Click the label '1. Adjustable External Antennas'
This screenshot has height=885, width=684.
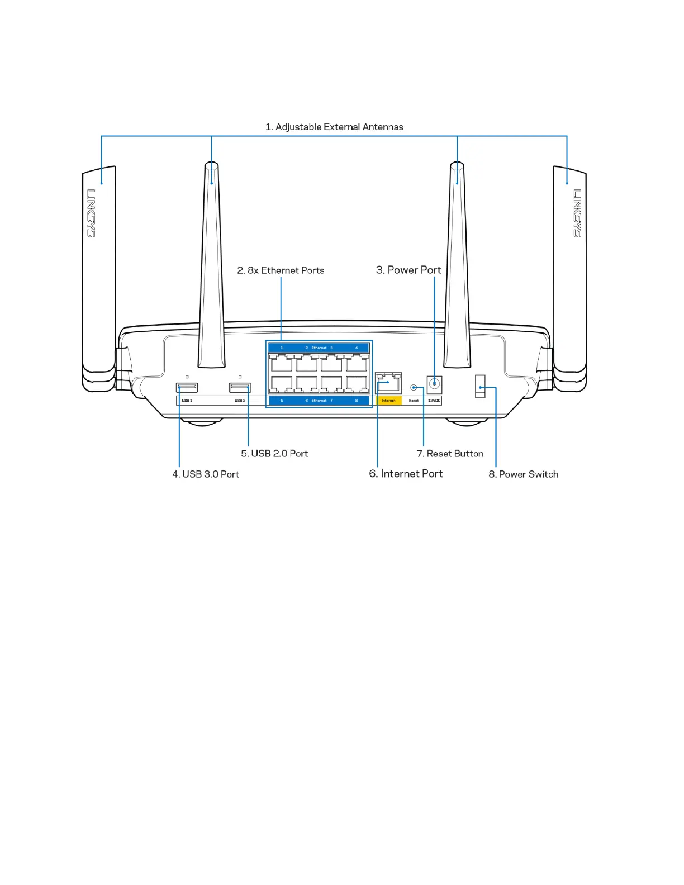pyautogui.click(x=334, y=127)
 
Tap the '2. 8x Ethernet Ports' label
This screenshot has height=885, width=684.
pyautogui.click(x=281, y=270)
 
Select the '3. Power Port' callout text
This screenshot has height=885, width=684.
pyautogui.click(x=408, y=270)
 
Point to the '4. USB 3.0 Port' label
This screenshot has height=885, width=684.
pyautogui.click(x=206, y=474)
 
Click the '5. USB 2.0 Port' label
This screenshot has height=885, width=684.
pyautogui.click(x=274, y=454)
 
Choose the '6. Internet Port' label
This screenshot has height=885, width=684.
pyautogui.click(x=406, y=474)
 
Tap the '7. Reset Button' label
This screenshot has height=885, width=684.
pyautogui.click(x=450, y=454)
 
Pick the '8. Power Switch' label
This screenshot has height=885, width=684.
pyautogui.click(x=523, y=474)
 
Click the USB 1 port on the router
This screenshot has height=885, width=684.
pyautogui.click(x=187, y=387)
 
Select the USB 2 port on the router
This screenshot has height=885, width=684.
pyautogui.click(x=240, y=387)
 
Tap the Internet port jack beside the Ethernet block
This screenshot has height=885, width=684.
pyautogui.click(x=388, y=383)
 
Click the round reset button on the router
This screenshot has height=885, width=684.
pyautogui.click(x=414, y=387)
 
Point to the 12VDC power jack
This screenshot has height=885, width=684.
pyautogui.click(x=434, y=384)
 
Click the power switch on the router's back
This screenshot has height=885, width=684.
pyautogui.click(x=480, y=387)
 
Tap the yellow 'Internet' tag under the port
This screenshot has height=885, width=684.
pyautogui.click(x=388, y=401)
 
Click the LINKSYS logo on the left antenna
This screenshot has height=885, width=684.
pyautogui.click(x=91, y=213)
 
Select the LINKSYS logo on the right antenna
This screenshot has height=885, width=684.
pyautogui.click(x=577, y=213)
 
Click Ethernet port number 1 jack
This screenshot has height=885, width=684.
pyautogui.click(x=281, y=364)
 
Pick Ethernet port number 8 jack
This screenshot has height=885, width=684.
pyautogui.click(x=357, y=384)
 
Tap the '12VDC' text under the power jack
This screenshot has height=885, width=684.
pyautogui.click(x=434, y=401)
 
